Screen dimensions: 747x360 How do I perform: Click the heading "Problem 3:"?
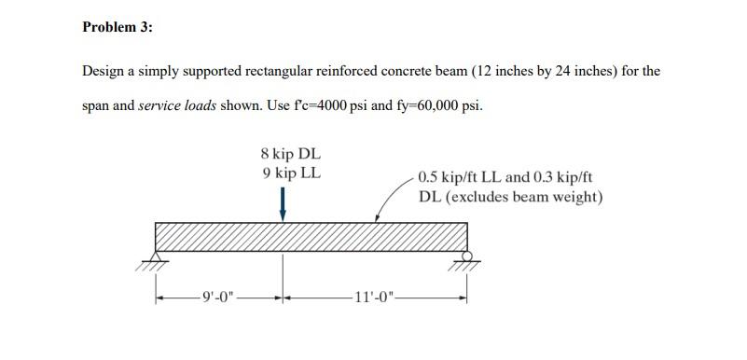coord(117,27)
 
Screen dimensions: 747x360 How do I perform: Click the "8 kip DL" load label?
coord(291,154)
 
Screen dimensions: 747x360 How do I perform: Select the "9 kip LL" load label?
coord(291,173)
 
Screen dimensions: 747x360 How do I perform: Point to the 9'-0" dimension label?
coord(218,298)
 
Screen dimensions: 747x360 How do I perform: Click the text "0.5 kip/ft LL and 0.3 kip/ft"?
coord(505,177)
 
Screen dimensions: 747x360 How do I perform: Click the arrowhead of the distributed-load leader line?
coord(377,220)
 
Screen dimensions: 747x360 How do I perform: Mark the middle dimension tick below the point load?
coord(284,298)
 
